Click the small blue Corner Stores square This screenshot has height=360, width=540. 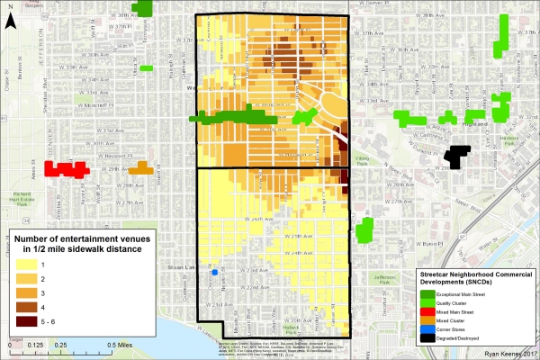[x=214, y=272]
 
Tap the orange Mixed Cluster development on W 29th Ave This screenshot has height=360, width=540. [x=139, y=168]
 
